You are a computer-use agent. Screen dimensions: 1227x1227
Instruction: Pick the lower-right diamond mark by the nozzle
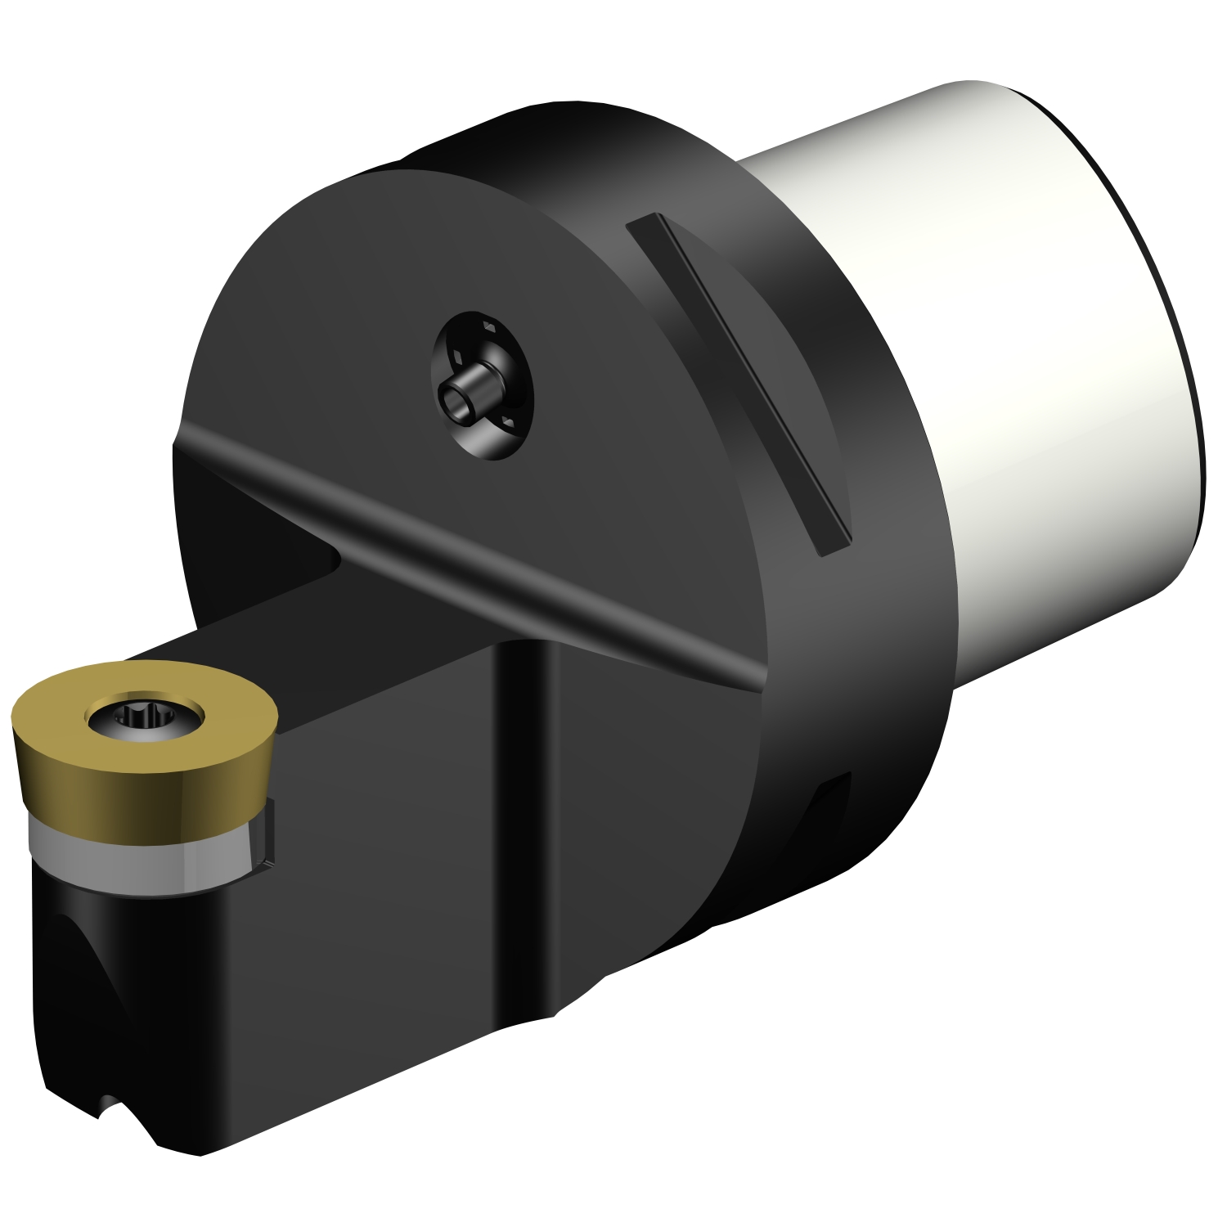[509, 420]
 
